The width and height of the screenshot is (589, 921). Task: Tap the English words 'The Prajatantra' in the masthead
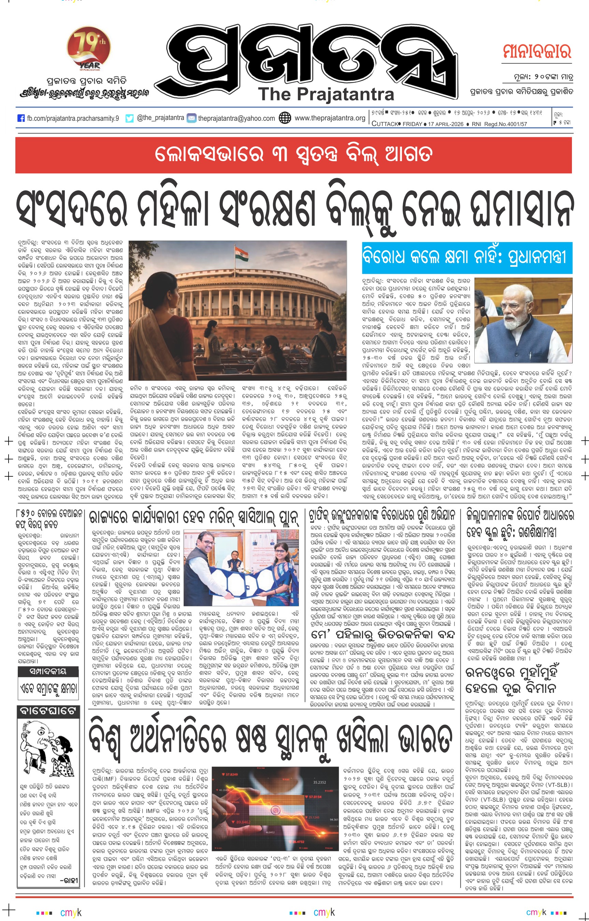pos(326,94)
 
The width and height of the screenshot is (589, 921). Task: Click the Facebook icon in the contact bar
pos(21,118)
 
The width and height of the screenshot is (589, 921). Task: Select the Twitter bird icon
pos(130,118)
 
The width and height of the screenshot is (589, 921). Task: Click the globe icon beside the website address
pos(285,118)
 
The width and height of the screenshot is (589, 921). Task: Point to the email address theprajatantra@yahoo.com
pos(236,118)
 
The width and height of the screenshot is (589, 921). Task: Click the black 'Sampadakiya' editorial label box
pos(48,672)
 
